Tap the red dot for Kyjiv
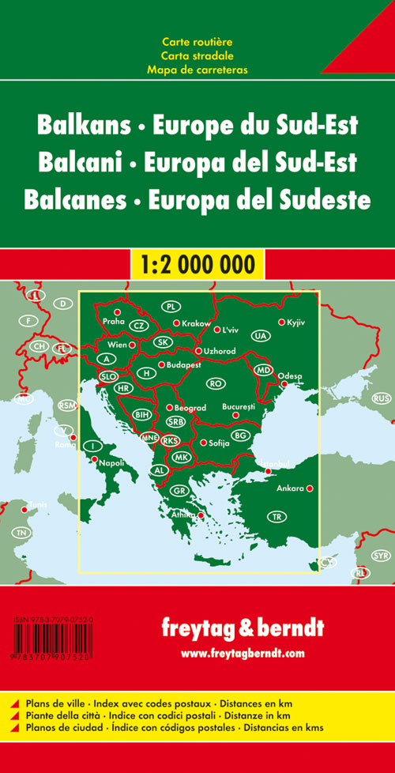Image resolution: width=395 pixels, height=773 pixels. [281, 322]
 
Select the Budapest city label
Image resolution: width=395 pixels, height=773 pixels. [184, 365]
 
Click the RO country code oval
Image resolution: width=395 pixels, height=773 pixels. [214, 383]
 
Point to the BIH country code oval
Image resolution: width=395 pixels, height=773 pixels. [142, 413]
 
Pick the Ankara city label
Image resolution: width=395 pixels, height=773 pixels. [290, 488]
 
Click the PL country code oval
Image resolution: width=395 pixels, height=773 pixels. [171, 307]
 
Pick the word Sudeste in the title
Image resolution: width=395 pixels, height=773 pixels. [322, 199]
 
